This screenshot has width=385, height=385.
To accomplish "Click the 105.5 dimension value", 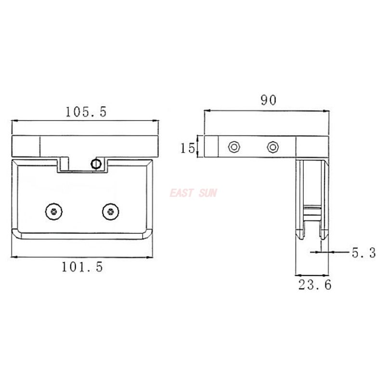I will click(86, 112).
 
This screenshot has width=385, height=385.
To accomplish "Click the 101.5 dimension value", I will click(82, 267).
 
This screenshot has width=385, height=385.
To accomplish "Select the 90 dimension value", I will click(268, 100).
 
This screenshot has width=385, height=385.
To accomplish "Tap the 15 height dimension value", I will click(187, 147).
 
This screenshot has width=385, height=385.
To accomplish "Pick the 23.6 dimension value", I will click(315, 285).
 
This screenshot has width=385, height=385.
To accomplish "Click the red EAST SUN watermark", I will click(193, 193).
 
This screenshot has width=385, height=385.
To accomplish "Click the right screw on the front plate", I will click(111, 210).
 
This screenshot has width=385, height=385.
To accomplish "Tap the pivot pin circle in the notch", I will click(96, 164).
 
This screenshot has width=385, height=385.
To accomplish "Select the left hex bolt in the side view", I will click(234, 146).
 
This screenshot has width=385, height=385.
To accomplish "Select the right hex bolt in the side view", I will click(273, 146).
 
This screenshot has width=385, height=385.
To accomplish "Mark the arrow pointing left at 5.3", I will click(333, 251).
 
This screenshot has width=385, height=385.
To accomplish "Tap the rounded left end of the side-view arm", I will click(208, 146).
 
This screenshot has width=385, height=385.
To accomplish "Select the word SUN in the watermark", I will click(207, 193).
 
